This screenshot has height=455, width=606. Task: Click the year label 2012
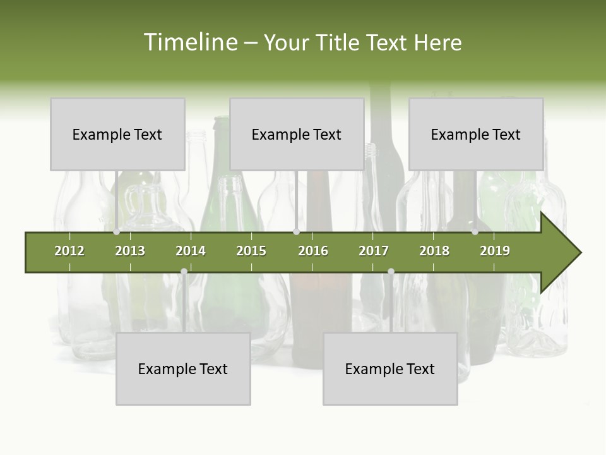click(x=69, y=251)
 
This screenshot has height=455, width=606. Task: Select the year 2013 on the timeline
click(x=130, y=251)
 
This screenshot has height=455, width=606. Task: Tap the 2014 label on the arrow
click(x=191, y=251)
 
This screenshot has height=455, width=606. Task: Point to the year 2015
click(x=251, y=251)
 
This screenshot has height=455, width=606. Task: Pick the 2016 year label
click(x=313, y=251)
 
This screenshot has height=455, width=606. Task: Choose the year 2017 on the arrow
click(x=374, y=251)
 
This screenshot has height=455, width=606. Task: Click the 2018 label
click(x=434, y=251)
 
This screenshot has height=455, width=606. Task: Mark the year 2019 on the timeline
click(x=495, y=251)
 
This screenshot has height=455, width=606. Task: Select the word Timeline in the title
click(x=190, y=42)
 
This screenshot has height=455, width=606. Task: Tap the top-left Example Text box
click(x=117, y=135)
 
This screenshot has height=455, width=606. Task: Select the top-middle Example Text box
click(x=297, y=135)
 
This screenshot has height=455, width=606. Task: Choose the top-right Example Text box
click(x=476, y=135)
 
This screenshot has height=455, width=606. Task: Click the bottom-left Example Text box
click(x=183, y=369)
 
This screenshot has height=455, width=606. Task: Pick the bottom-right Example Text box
click(x=390, y=369)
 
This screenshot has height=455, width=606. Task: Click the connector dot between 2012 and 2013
click(x=117, y=232)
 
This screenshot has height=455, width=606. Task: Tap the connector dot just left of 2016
click(x=296, y=232)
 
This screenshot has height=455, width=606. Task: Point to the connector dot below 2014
click(x=184, y=272)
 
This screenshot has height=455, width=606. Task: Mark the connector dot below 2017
click(x=391, y=272)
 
